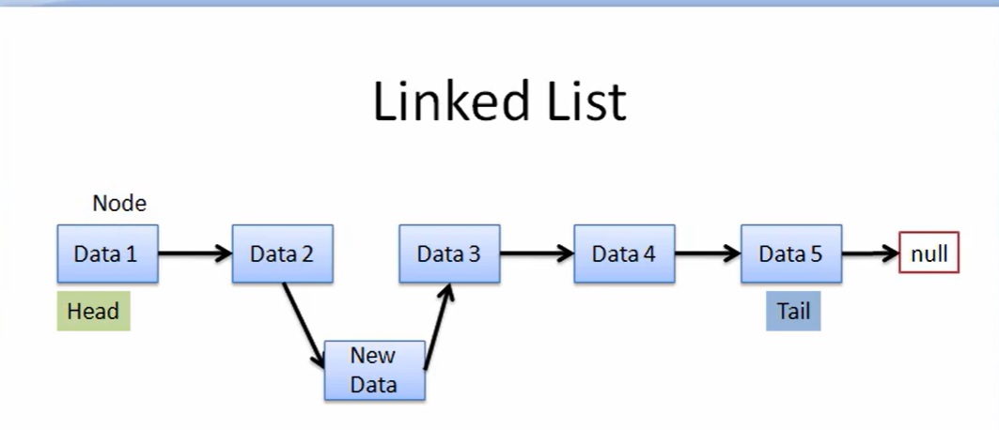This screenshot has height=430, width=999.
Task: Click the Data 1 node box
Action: pyautogui.click(x=107, y=253)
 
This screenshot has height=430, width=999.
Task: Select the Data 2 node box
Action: pyautogui.click(x=282, y=253)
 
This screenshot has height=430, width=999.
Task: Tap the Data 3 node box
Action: pyautogui.click(x=449, y=253)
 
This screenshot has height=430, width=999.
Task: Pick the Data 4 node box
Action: pyautogui.click(x=624, y=253)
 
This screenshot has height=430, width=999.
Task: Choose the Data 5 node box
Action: pyautogui.click(x=790, y=253)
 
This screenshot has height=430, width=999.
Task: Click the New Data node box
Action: pyautogui.click(x=374, y=371)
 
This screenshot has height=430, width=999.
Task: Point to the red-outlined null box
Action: pyautogui.click(x=929, y=253)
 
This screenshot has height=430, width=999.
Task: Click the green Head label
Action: pyautogui.click(x=93, y=312)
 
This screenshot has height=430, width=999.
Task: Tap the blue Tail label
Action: pyautogui.click(x=793, y=312)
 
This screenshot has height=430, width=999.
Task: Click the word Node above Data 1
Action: pyautogui.click(x=119, y=203)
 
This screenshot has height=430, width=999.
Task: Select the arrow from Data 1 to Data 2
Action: pyautogui.click(x=195, y=253)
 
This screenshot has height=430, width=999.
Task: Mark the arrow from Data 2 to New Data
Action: pyautogui.click(x=303, y=324)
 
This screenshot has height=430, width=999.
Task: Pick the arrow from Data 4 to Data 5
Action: pyautogui.click(x=707, y=253)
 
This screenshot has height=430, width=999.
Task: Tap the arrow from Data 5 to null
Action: pyautogui.click(x=870, y=253)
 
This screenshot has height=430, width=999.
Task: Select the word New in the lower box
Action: pyautogui.click(x=373, y=356)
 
